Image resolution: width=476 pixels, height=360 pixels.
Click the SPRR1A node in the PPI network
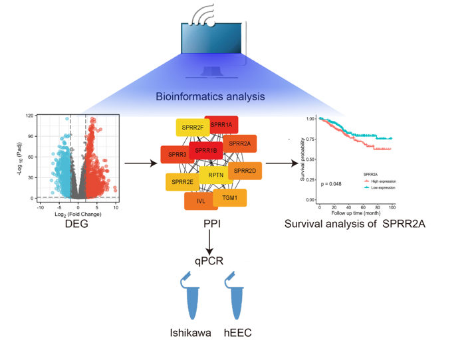(221, 125)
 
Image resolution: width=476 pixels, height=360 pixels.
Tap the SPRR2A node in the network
(240, 143)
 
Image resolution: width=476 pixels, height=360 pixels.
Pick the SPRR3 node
(178, 155)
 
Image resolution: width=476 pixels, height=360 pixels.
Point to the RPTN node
(215, 175)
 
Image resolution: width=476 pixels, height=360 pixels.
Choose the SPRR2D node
(245, 171)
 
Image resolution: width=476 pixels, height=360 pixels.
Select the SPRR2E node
(182, 181)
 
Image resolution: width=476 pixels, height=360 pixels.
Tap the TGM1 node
(230, 198)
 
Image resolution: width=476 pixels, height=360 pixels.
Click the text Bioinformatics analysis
(210, 97)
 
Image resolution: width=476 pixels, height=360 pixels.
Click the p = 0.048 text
(331, 183)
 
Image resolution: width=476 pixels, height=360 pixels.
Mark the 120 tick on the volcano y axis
(29, 116)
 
